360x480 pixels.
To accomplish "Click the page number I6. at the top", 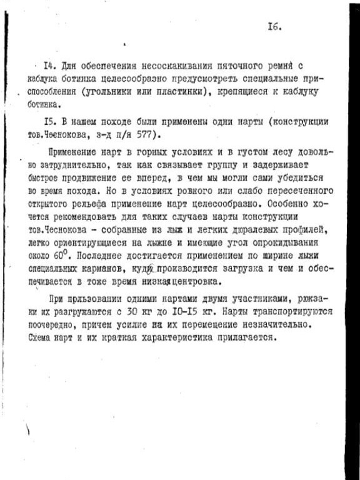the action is (274, 26).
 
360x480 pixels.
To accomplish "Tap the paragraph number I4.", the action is (44, 66).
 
